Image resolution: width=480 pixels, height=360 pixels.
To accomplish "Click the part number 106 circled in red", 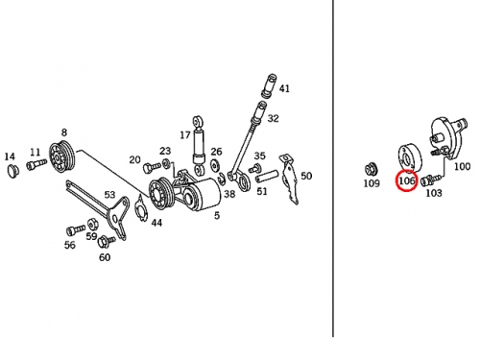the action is (x=406, y=180).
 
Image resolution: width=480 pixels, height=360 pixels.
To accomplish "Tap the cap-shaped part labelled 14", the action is (x=12, y=170).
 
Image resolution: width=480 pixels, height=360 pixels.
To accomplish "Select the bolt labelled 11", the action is (x=36, y=164).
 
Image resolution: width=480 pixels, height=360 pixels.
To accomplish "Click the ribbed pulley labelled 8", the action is (x=62, y=158).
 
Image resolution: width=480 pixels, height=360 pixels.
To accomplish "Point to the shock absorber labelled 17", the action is (x=199, y=146).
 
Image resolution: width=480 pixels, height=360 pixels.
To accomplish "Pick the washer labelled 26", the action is (x=215, y=165).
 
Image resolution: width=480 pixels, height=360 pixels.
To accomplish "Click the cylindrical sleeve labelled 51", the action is (x=267, y=176).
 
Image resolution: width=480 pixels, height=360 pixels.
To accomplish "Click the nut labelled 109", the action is (x=372, y=169).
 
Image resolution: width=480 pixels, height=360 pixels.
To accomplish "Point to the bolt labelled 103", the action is (x=430, y=180).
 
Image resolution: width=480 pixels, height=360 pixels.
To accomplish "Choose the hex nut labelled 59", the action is (x=92, y=223).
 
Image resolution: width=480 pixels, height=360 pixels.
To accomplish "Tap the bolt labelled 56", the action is (x=76, y=229).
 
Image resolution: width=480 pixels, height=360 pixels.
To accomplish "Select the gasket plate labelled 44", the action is (x=141, y=208).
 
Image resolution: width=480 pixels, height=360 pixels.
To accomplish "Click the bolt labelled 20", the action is (x=152, y=167).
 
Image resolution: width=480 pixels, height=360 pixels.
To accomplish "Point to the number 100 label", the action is (x=463, y=166).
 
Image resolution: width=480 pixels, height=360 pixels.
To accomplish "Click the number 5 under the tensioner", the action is (x=217, y=215).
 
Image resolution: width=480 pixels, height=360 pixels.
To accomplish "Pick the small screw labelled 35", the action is (x=253, y=168).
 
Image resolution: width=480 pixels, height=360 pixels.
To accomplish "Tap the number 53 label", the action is (x=109, y=194).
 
